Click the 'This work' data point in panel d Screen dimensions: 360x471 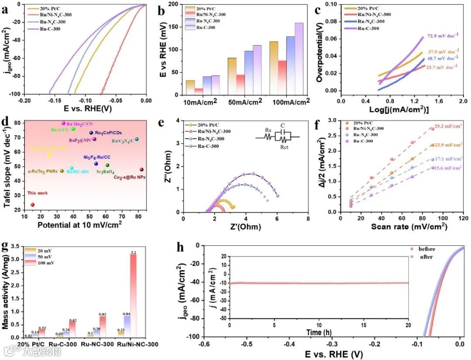(x=32, y=204)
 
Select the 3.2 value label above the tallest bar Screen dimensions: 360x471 (x=133, y=252)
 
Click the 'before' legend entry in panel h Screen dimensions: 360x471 (x=426, y=249)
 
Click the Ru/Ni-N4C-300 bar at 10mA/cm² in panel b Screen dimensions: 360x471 (x=199, y=92)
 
